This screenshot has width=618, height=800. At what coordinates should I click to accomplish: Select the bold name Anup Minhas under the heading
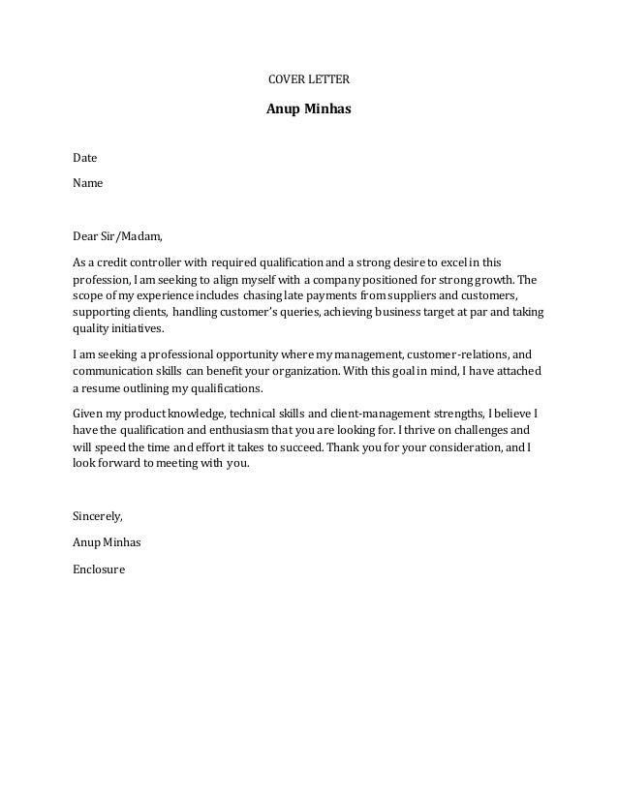[308, 108]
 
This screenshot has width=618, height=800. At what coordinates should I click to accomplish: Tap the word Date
[85, 157]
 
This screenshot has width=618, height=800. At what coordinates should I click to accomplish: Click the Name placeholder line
[88, 182]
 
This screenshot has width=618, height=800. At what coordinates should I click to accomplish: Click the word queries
[294, 314]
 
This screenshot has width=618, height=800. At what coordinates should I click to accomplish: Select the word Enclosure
[99, 569]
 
